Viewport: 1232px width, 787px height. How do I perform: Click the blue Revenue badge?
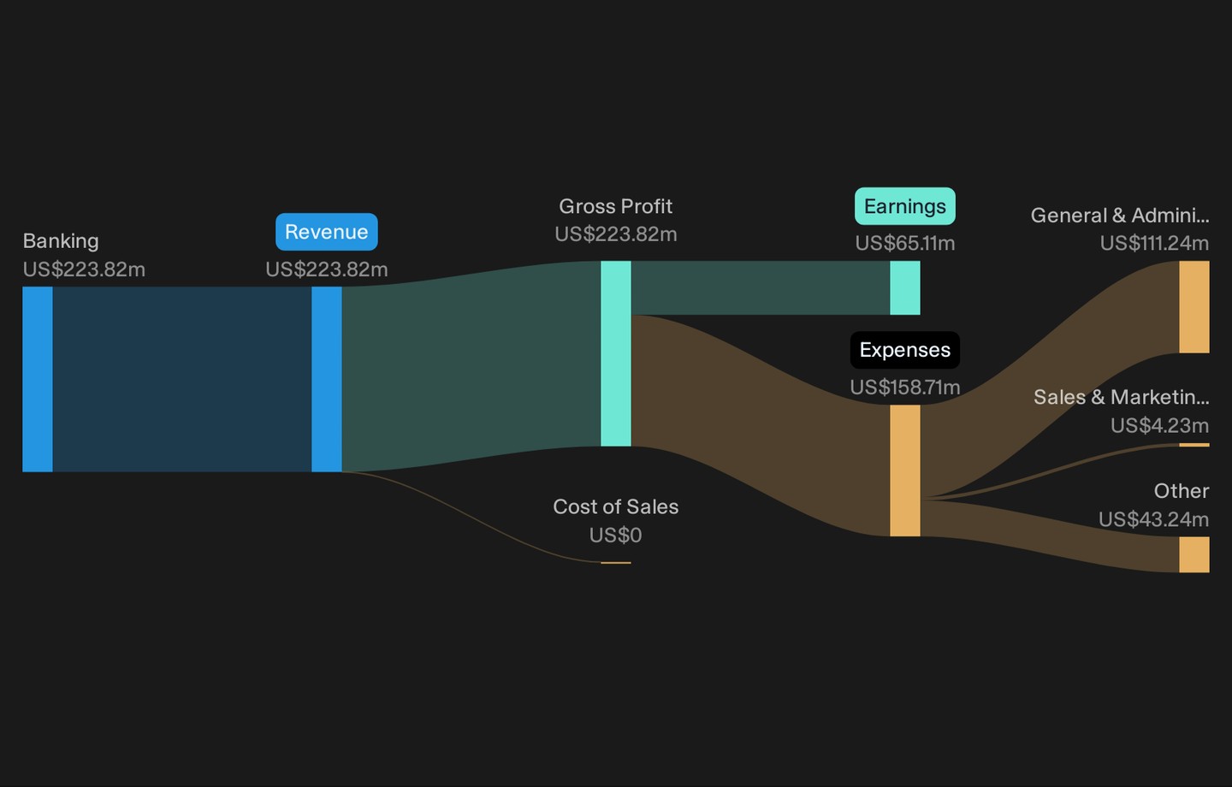327,232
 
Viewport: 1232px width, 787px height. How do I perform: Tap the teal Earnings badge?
905,206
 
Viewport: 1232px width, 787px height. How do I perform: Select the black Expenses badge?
905,350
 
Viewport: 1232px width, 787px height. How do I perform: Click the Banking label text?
61,241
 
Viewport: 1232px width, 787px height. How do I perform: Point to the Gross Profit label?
615,206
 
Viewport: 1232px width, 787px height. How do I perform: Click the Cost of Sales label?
615,506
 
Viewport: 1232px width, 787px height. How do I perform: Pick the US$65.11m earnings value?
905,243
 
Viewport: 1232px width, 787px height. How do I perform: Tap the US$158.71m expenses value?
905,388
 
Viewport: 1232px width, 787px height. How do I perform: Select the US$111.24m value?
1154,243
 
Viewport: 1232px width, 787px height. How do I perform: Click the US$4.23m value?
1160,425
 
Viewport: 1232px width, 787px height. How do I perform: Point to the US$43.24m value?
1154,519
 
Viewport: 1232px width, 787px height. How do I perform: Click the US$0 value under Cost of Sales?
615,536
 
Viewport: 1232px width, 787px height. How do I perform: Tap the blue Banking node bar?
38,379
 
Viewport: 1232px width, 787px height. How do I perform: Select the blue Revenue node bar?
327,379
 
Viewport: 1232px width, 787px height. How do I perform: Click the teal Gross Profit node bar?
616,353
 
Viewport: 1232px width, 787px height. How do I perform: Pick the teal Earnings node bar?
905,287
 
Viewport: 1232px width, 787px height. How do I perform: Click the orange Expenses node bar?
905,470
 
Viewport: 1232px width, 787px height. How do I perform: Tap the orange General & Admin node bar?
1194,307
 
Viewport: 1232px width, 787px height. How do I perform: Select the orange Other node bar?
1194,554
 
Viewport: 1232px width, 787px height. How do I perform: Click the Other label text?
1182,490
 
